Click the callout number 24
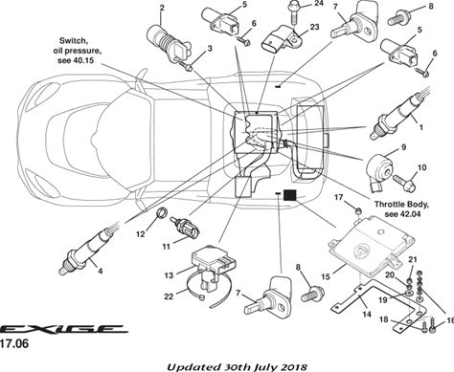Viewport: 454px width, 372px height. tap(318, 3)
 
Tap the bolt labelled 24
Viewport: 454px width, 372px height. tap(293, 12)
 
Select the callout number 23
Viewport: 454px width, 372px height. tap(314, 27)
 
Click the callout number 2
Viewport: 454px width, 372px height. tap(162, 8)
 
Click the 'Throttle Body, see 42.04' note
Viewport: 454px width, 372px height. tap(401, 208)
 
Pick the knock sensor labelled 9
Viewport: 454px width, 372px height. tap(379, 169)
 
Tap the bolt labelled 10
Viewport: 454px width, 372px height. tap(404, 183)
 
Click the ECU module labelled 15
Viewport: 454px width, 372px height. tap(372, 246)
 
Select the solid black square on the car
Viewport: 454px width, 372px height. tap(290, 195)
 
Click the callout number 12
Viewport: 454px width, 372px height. tap(141, 234)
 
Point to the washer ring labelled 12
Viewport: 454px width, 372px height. tap(163, 212)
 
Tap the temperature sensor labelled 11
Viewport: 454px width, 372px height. tap(186, 229)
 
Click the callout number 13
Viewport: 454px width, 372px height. tap(169, 274)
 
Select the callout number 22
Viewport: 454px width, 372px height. tap(169, 296)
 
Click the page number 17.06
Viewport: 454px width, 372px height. tap(13, 343)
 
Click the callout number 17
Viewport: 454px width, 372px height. tap(338, 198)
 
